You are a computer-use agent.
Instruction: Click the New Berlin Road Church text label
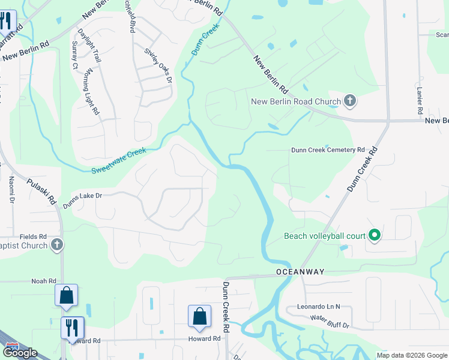[x=295, y=101]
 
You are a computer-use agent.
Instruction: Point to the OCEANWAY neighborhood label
[x=300, y=272]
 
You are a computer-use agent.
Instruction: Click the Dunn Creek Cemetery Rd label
[x=328, y=150]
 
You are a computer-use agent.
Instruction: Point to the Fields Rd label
[x=33, y=237]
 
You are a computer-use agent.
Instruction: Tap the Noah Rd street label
[x=43, y=281]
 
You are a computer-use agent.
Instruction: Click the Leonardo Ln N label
[x=318, y=306]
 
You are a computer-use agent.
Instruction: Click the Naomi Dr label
[x=11, y=189]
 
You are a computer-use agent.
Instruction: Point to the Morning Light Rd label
[x=92, y=92]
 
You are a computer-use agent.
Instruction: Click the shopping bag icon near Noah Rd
[x=66, y=295]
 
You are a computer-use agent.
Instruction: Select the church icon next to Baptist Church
[x=56, y=244]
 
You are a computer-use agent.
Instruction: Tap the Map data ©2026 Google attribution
[x=411, y=355]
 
